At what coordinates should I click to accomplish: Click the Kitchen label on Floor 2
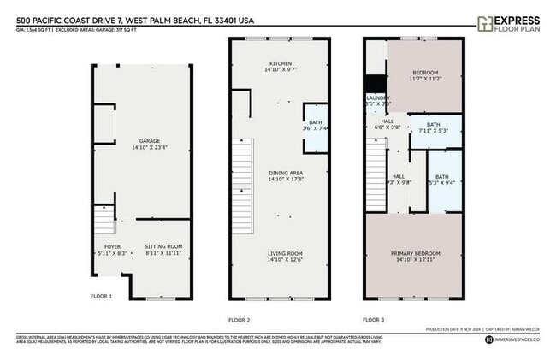[281, 63]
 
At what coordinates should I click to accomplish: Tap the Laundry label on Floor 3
[377, 98]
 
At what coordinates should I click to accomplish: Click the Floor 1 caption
[101, 296]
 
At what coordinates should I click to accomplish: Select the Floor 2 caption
[239, 319]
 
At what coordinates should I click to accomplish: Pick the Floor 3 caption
[373, 319]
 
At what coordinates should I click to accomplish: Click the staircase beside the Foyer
[104, 224]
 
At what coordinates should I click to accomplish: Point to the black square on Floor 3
[371, 84]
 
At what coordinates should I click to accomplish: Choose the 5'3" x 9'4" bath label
[442, 181]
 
